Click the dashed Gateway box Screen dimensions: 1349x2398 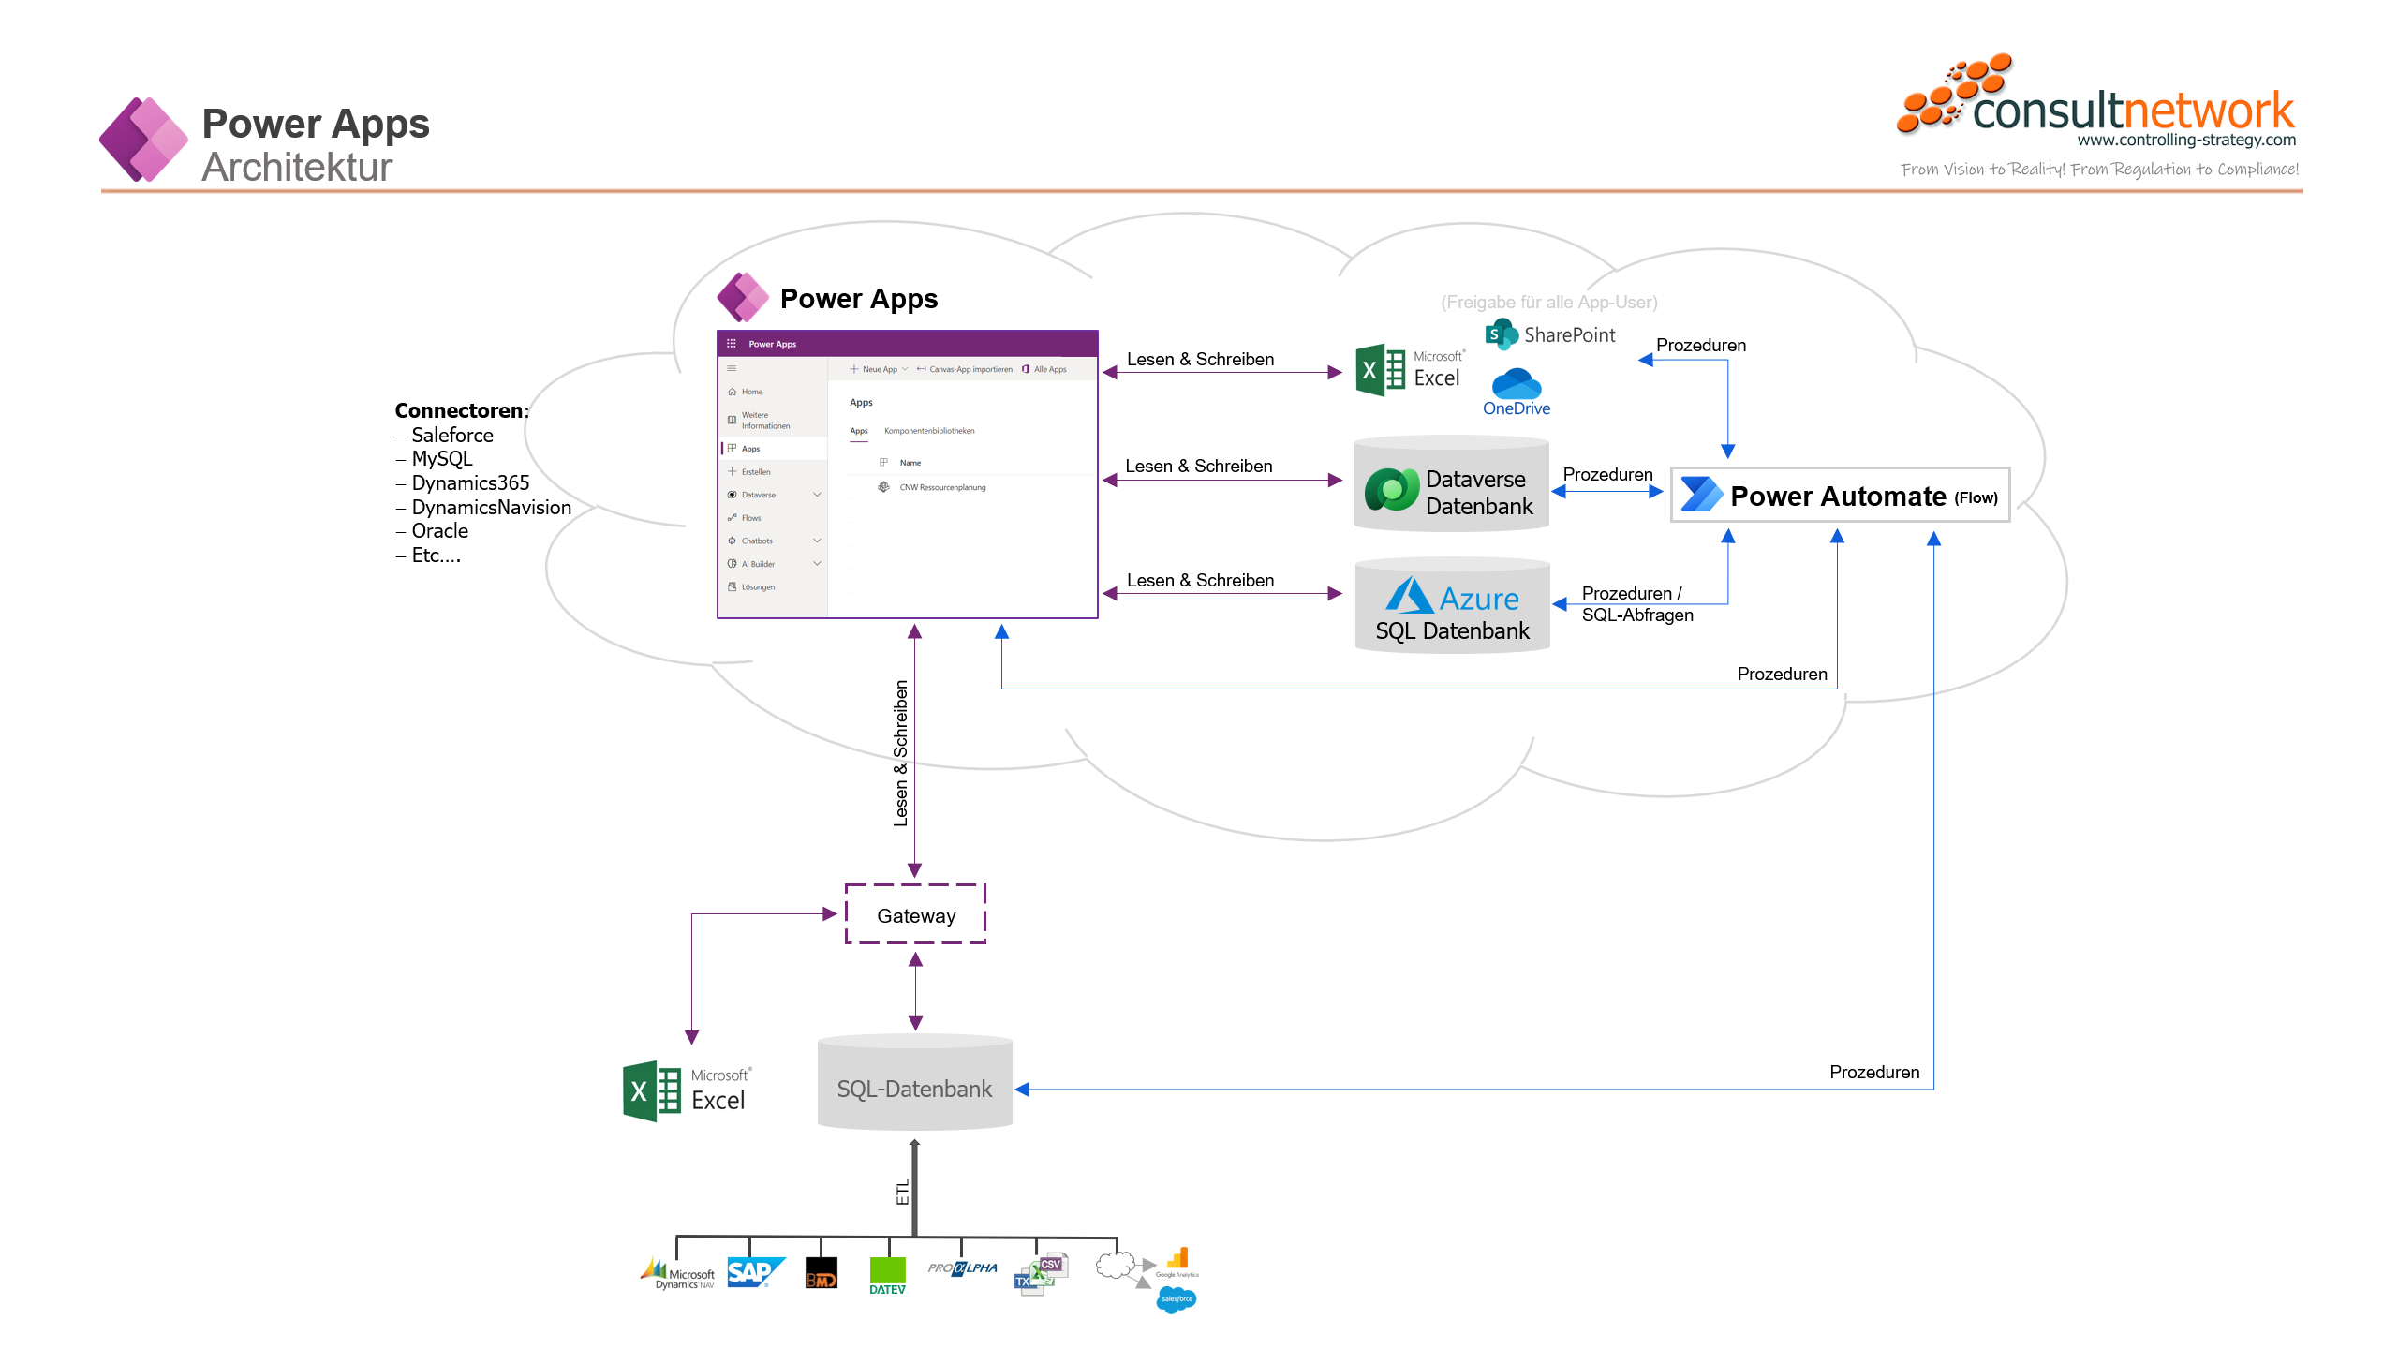click(915, 914)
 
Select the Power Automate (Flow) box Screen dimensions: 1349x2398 click(1840, 495)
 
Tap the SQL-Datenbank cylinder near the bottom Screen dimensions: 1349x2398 click(914, 1087)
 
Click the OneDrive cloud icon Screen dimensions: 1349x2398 click(1517, 384)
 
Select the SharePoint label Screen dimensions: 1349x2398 click(1569, 334)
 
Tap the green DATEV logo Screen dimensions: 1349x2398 click(887, 1275)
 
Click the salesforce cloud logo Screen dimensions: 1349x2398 click(1177, 1299)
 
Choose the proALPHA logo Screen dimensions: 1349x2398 click(962, 1268)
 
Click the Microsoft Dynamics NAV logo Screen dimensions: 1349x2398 click(678, 1274)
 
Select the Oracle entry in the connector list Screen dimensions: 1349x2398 click(439, 531)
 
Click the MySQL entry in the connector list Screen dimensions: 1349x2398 click(442, 459)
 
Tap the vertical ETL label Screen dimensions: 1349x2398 click(902, 1193)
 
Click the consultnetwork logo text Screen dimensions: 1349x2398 click(2132, 111)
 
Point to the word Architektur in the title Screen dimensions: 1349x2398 click(297, 168)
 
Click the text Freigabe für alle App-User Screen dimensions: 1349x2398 click(1548, 302)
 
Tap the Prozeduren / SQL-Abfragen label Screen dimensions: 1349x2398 click(1636, 604)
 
